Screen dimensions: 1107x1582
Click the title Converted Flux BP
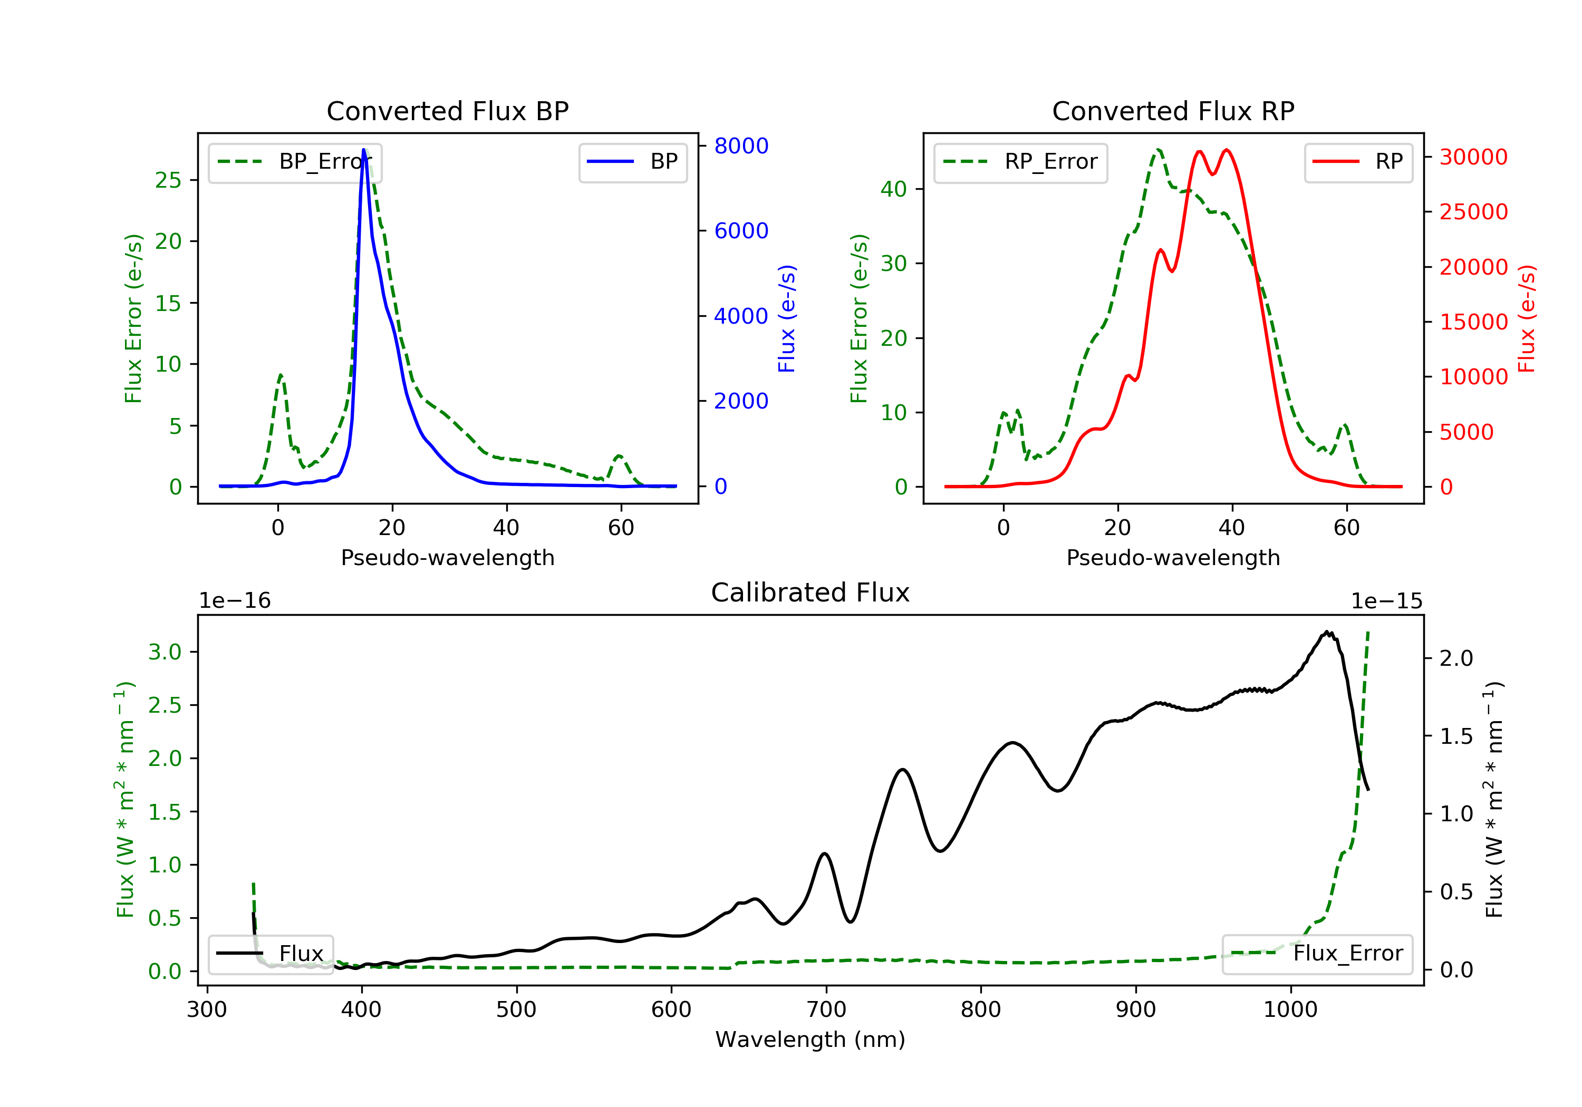(447, 111)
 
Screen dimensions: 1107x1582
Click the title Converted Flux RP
(1173, 111)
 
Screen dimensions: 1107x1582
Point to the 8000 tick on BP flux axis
(741, 146)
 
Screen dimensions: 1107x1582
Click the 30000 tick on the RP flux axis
(1473, 157)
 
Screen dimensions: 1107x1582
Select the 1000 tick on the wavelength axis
(1290, 1010)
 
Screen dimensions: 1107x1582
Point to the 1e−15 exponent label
(1386, 601)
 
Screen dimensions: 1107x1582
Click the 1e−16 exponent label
(235, 601)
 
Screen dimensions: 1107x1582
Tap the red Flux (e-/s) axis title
(1527, 318)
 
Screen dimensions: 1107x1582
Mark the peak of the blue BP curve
(364, 150)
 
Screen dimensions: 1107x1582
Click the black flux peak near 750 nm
(902, 770)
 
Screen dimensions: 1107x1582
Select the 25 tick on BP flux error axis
(168, 180)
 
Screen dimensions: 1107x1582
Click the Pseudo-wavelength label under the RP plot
(1173, 557)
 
